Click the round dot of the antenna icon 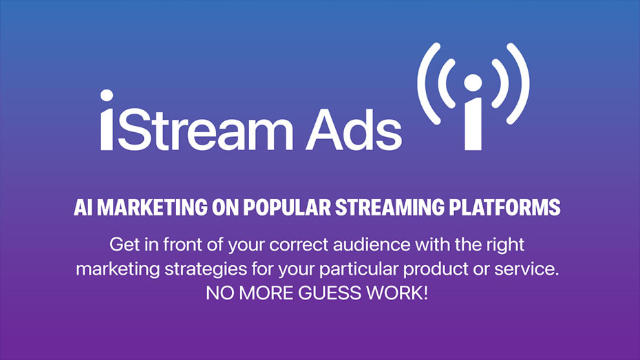pos(473,83)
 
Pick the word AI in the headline pos(83,207)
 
